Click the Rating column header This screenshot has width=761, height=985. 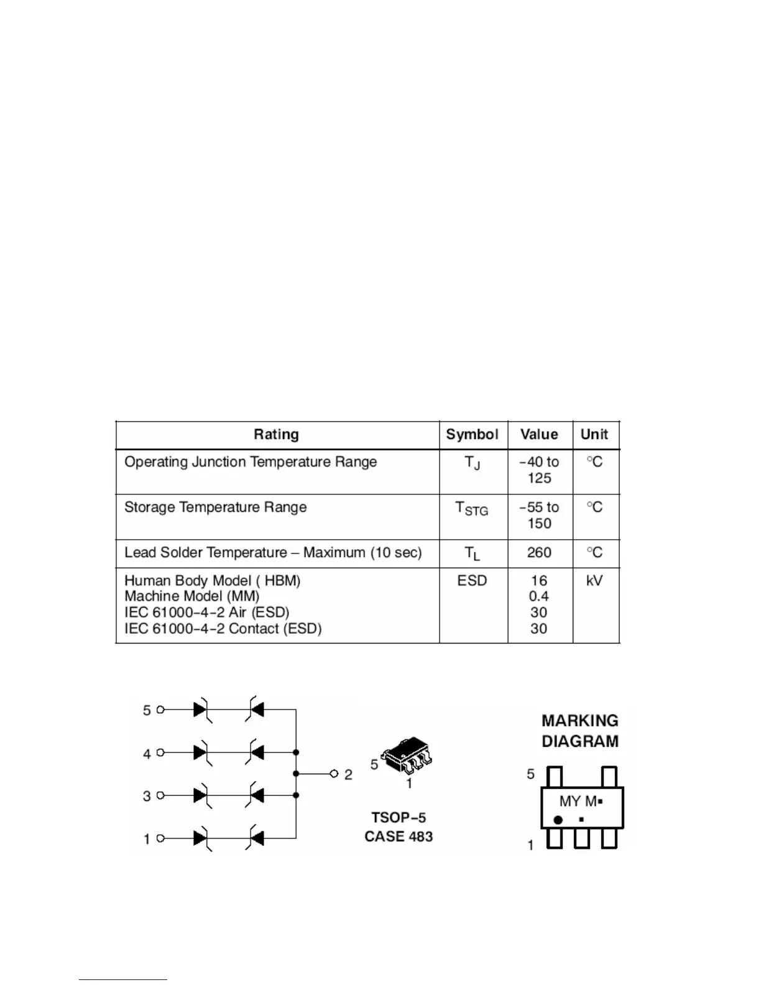pyautogui.click(x=276, y=435)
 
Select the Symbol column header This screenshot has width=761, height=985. pyautogui.click(x=473, y=435)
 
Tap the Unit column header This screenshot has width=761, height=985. pyautogui.click(x=594, y=435)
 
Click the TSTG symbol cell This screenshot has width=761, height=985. pyautogui.click(x=472, y=509)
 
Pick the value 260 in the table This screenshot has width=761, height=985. pyautogui.click(x=539, y=553)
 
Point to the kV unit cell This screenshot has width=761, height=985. pyautogui.click(x=594, y=581)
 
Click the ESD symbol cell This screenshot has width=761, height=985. pyautogui.click(x=472, y=581)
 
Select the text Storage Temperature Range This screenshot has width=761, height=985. pyautogui.click(x=216, y=507)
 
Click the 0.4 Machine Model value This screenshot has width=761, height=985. pyautogui.click(x=539, y=596)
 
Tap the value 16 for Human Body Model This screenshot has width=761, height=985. pyautogui.click(x=539, y=581)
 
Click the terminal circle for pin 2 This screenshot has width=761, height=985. pyautogui.click(x=334, y=774)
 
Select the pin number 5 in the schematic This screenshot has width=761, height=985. pyautogui.click(x=147, y=710)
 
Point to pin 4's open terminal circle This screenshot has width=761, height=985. pyautogui.click(x=160, y=752)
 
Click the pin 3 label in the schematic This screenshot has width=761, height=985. pyautogui.click(x=147, y=796)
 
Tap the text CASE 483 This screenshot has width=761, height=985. pyautogui.click(x=399, y=837)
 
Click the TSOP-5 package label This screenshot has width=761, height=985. pyautogui.click(x=399, y=818)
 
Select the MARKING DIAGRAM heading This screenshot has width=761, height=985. pyautogui.click(x=580, y=731)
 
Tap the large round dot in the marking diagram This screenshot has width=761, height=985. pyautogui.click(x=558, y=820)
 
